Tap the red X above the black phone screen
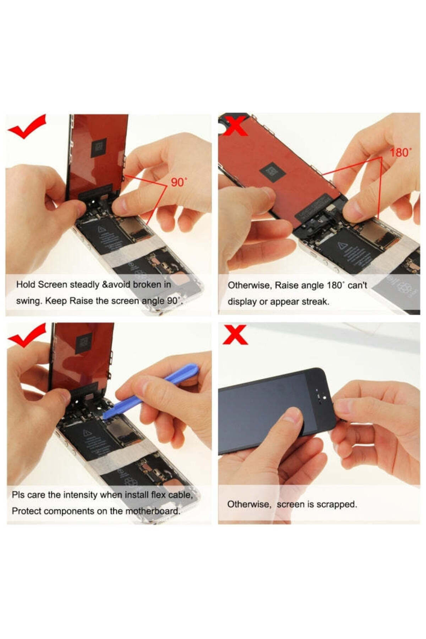[235, 335]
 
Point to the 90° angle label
[179, 182]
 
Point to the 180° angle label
[401, 153]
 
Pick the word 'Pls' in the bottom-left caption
[18, 495]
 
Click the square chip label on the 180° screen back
[273, 171]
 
